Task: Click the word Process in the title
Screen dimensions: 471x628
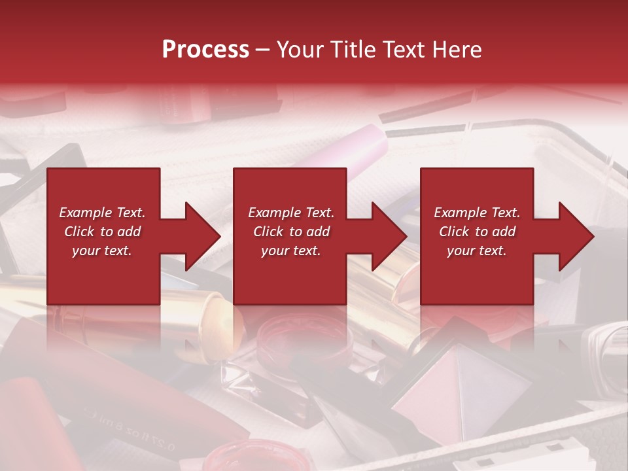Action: coord(205,49)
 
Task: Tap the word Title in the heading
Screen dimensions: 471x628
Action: coord(351,49)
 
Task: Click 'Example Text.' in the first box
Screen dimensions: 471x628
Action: coord(102,213)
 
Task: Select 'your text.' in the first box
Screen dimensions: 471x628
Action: coord(102,251)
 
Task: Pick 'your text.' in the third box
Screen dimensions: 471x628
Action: coord(477,251)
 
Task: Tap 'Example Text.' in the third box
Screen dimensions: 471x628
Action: coord(477,213)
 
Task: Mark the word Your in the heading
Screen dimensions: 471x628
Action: coord(299,49)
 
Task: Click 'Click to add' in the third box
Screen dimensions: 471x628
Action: coord(477,232)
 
